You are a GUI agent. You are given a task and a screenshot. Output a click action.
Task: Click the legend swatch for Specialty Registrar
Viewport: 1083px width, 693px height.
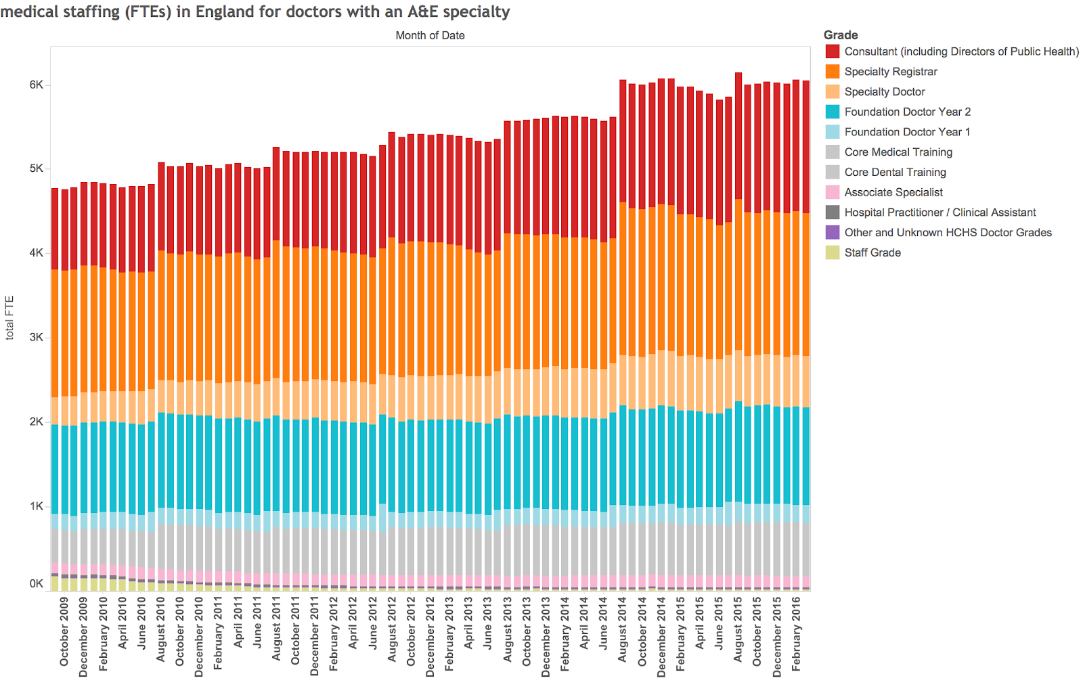click(x=833, y=72)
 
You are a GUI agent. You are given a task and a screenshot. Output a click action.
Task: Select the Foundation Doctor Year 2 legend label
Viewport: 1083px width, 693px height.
click(x=907, y=112)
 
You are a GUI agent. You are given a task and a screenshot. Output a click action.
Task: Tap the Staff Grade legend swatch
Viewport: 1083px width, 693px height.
click(x=833, y=252)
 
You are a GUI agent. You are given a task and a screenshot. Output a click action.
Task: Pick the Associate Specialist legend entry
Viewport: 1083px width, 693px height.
click(x=893, y=192)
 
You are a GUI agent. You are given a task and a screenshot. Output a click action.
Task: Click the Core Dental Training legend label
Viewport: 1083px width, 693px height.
click(x=895, y=172)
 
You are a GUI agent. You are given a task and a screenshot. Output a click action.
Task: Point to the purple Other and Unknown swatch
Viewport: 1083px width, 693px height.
click(x=833, y=232)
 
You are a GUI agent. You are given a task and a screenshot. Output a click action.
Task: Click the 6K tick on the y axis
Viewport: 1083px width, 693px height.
click(x=36, y=85)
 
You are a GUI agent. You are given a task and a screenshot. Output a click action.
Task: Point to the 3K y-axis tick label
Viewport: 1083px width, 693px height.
click(x=36, y=337)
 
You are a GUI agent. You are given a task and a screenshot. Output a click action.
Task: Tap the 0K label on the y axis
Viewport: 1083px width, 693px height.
click(x=36, y=583)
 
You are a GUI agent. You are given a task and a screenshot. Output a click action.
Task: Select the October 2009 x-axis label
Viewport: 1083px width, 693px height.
click(x=64, y=631)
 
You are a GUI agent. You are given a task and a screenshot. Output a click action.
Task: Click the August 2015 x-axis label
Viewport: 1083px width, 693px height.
click(x=738, y=629)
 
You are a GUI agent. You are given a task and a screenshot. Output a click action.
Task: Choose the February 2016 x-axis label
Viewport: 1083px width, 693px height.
click(x=796, y=633)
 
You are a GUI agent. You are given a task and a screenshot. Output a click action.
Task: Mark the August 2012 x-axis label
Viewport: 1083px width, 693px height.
click(x=392, y=629)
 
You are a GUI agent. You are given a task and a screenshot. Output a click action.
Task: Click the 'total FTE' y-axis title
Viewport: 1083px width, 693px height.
click(x=9, y=317)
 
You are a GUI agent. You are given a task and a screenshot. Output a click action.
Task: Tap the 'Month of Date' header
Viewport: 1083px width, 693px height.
click(x=430, y=35)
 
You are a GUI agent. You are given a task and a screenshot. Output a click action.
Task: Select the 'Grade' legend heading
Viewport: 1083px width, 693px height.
click(x=840, y=35)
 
